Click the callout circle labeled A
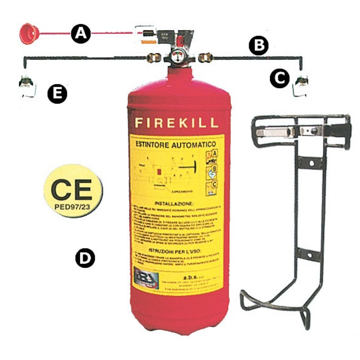(x=81, y=34)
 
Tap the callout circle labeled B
(x=259, y=46)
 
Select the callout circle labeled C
(x=280, y=78)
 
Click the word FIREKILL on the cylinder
(x=176, y=123)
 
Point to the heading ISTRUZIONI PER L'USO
(x=176, y=250)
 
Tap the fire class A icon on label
(x=212, y=155)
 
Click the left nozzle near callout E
(x=26, y=86)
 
